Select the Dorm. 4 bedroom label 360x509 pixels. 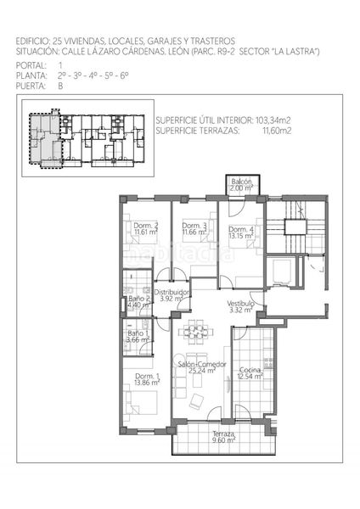coord(241,229)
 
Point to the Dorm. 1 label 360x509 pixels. coord(147,377)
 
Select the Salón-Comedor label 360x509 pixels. coord(201,364)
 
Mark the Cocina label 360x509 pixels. coord(250,370)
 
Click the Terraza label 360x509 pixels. coord(224,434)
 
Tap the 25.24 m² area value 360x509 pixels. coord(202,371)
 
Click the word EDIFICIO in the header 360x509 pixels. coord(32,41)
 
